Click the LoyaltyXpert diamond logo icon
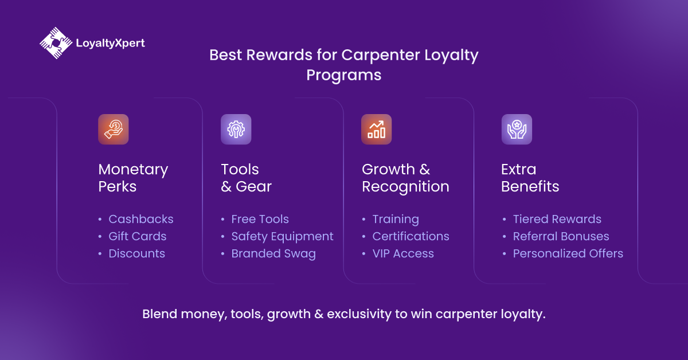[x=56, y=43]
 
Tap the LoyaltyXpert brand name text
[x=110, y=44]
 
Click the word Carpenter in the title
[x=381, y=55]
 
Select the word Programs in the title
[x=343, y=75]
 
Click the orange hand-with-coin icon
[x=114, y=130]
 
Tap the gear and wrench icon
[x=236, y=130]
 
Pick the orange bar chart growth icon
[x=376, y=130]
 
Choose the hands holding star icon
[x=517, y=130]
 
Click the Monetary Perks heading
[x=133, y=178]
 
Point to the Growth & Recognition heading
[x=405, y=178]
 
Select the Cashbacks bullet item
[x=140, y=219]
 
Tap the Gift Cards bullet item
[x=137, y=236]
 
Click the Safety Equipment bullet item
[x=282, y=237]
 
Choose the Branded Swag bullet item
[x=273, y=254]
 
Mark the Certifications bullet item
[x=411, y=236]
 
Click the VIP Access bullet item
[x=403, y=253]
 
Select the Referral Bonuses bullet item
[x=561, y=236]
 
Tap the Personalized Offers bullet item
[x=568, y=253]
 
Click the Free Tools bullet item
[x=260, y=219]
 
